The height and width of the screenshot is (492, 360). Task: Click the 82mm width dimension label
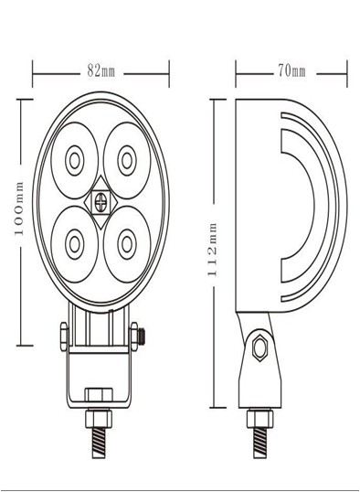coord(101,71)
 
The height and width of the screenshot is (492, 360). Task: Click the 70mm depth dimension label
coord(291,71)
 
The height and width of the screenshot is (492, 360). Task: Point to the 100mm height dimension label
coord(19,209)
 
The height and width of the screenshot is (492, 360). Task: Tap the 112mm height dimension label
coord(212,250)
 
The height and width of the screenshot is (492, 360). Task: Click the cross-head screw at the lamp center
coord(101,203)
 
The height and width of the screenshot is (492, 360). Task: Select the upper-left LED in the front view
coord(75,161)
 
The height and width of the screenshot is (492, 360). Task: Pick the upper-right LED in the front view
coord(127,161)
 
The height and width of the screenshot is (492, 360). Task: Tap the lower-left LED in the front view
coord(75,244)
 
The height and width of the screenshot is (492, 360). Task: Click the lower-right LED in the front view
coord(127,244)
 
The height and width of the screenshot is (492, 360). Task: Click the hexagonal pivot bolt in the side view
coord(260,348)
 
